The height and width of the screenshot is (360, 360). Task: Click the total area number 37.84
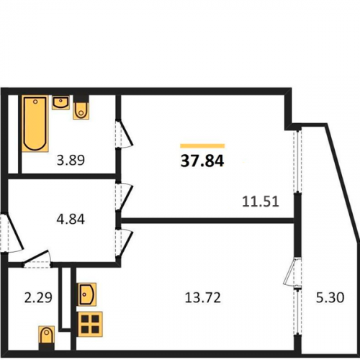click(x=202, y=161)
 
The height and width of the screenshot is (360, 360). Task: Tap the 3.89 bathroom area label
click(x=71, y=160)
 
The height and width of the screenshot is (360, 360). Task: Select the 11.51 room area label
click(x=261, y=202)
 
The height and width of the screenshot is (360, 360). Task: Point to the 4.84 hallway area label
click(x=71, y=220)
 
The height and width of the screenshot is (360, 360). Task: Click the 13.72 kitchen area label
click(x=203, y=297)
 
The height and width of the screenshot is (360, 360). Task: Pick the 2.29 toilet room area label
click(x=38, y=297)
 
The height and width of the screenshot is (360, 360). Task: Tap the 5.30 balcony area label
click(x=330, y=297)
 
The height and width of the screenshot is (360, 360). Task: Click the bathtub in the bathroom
click(x=35, y=123)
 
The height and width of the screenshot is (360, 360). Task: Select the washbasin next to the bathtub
click(x=60, y=103)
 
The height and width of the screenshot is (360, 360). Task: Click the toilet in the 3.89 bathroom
click(x=81, y=110)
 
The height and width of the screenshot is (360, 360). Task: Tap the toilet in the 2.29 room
click(x=47, y=335)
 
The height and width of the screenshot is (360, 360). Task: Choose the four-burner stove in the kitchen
click(x=90, y=324)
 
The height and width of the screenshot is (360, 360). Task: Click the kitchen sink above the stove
click(x=86, y=294)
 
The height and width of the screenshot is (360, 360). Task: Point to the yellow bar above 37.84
click(x=202, y=146)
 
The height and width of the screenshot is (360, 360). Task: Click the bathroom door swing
click(x=124, y=133)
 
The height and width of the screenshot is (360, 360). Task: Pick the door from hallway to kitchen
click(x=124, y=243)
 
